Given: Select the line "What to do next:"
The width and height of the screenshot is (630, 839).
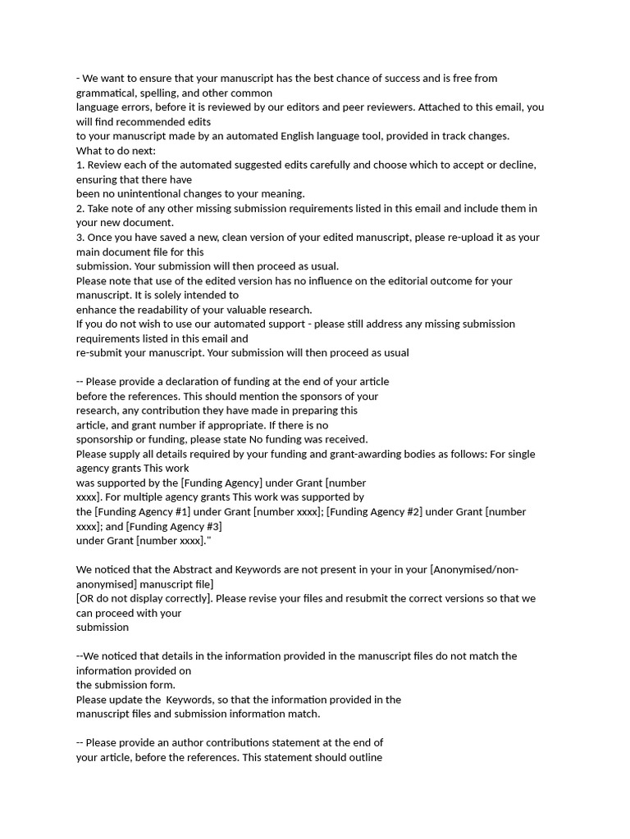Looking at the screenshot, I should [x=116, y=151].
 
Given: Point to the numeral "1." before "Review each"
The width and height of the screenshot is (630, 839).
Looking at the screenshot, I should [x=80, y=165].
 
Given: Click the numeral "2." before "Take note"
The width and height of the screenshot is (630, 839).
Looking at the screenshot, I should [x=80, y=208].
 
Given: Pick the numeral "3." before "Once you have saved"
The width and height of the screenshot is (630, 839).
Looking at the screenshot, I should [x=80, y=238].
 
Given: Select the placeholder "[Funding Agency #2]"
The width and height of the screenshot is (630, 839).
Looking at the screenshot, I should [x=374, y=512].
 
